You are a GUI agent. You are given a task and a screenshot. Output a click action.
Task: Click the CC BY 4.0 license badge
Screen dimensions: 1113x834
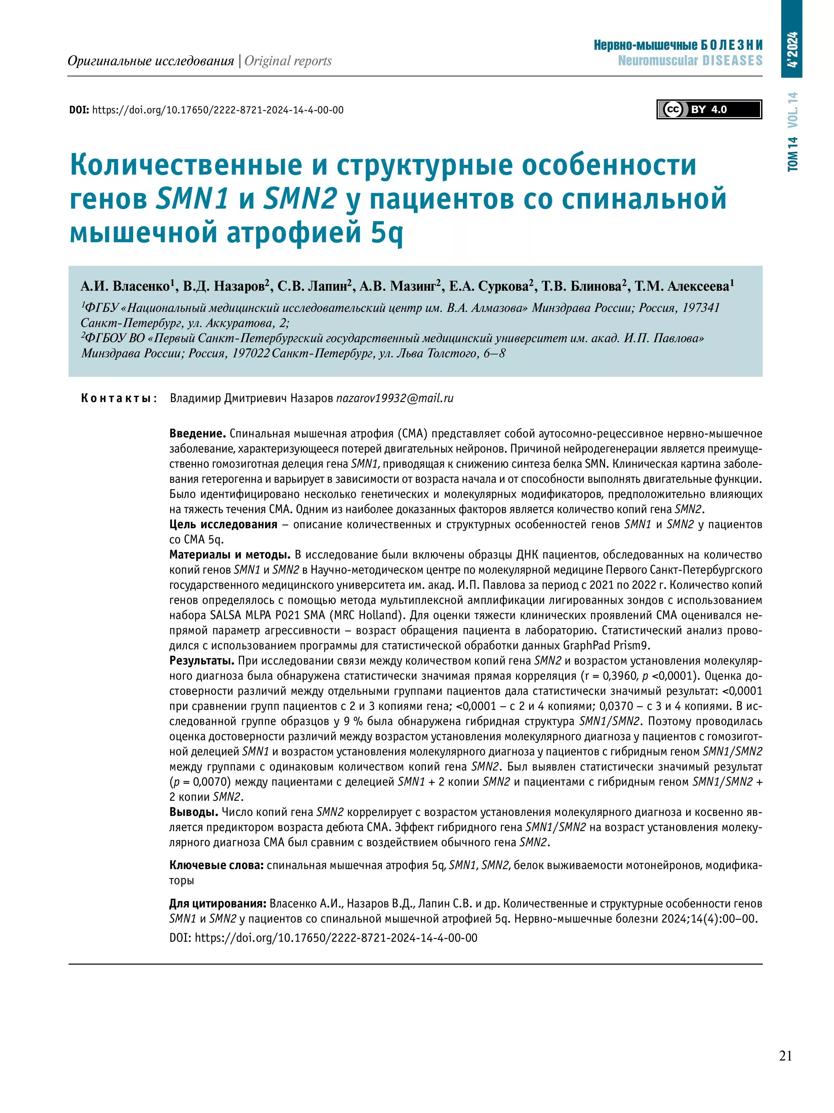709,110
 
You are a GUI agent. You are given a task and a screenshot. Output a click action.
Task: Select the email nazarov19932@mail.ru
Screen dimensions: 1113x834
395,398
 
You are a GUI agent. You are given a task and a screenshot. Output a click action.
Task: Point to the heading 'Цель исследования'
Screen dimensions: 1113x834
223,524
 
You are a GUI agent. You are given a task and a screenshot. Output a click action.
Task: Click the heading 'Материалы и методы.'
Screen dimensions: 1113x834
230,554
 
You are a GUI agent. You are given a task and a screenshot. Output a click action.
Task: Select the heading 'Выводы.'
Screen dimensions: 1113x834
194,812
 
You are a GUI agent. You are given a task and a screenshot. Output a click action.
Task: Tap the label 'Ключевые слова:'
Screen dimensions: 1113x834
217,865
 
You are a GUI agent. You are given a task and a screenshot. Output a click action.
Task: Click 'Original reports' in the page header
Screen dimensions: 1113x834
288,61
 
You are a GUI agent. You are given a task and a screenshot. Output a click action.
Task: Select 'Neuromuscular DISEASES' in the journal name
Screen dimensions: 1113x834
690,61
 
